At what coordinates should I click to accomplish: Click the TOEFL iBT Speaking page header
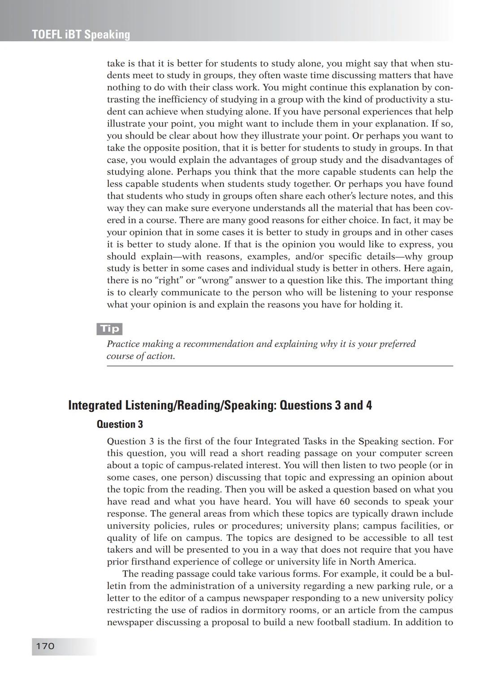pos(81,35)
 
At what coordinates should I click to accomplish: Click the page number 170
pos(45,646)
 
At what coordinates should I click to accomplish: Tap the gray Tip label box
pos(109,329)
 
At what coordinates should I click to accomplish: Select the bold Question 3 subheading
pos(120,424)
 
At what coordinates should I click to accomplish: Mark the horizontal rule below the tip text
pos(280,366)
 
